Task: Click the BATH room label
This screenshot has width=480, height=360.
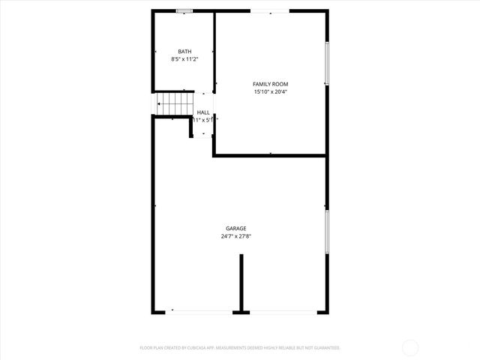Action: [x=184, y=52]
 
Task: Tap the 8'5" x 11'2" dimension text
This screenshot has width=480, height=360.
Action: [x=184, y=59]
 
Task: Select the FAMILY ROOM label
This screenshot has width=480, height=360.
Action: [x=270, y=84]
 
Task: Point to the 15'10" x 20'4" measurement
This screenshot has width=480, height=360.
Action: [x=270, y=92]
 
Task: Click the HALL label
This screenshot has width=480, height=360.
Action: [x=203, y=112]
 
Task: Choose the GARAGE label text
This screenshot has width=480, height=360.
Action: [x=236, y=229]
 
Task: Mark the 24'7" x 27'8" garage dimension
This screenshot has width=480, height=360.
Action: [x=236, y=237]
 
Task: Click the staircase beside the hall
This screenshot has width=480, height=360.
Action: [x=175, y=103]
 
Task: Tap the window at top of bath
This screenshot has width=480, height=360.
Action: [x=184, y=11]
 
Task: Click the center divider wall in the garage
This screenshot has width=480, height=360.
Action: [x=241, y=282]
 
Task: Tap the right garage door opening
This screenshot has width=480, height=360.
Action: [x=283, y=312]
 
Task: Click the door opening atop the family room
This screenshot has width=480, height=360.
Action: [x=270, y=11]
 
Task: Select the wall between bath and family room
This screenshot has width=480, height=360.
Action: [x=214, y=52]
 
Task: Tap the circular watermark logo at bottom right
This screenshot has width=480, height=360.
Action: [x=411, y=347]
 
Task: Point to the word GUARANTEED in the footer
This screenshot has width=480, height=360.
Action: [x=325, y=348]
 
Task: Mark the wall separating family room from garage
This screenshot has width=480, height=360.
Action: [x=270, y=155]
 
